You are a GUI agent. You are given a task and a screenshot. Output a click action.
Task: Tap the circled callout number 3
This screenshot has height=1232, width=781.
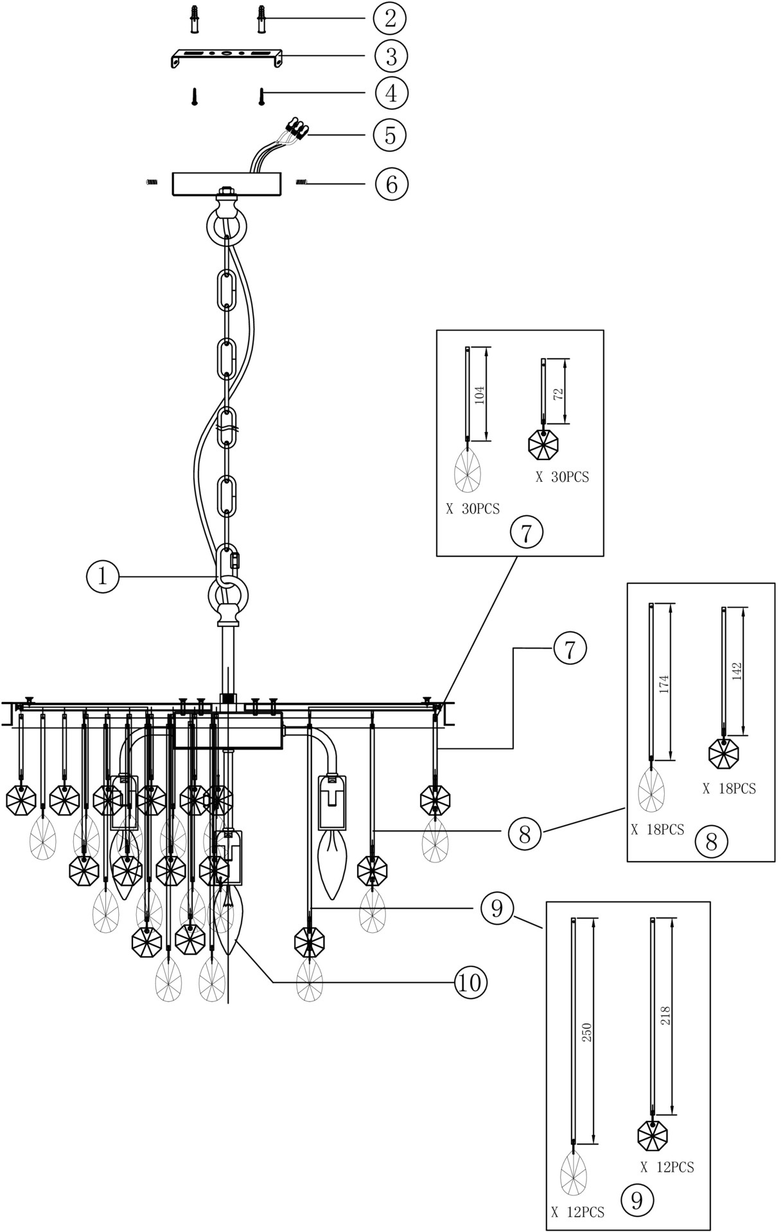click(390, 56)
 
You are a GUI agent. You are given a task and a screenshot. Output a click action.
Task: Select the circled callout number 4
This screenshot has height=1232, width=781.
click(390, 93)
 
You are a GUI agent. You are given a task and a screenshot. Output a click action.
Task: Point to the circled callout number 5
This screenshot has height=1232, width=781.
click(390, 135)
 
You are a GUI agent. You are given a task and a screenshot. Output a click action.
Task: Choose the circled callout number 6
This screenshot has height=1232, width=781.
click(390, 184)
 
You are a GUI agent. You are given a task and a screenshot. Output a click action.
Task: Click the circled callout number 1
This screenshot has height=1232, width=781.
click(102, 577)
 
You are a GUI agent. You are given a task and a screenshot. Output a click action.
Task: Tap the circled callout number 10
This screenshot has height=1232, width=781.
click(471, 981)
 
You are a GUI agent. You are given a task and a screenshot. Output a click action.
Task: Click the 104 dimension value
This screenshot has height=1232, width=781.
click(479, 394)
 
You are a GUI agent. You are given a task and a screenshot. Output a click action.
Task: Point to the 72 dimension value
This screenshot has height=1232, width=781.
click(559, 393)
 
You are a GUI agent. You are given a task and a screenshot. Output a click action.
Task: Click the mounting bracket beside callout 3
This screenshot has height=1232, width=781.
click(226, 56)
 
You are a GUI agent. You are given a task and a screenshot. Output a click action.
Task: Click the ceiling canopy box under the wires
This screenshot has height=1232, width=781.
click(227, 184)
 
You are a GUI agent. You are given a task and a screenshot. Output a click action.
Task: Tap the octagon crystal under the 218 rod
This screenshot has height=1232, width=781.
click(653, 1135)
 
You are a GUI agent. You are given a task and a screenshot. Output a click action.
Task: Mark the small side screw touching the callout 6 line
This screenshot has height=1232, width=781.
click(301, 184)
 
